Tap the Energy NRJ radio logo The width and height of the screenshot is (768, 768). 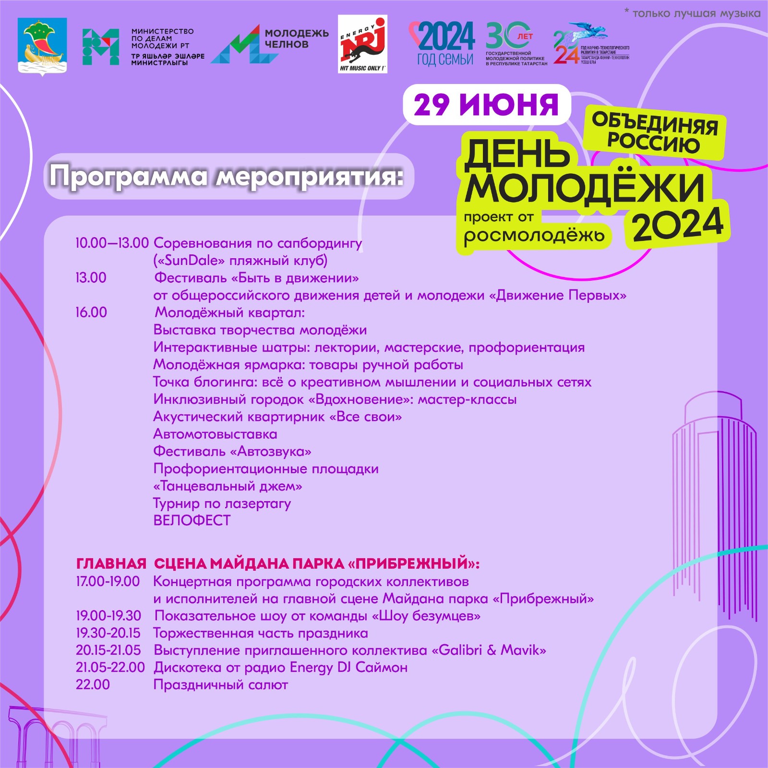click(x=362, y=44)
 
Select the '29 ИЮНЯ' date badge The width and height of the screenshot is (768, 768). click(x=486, y=104)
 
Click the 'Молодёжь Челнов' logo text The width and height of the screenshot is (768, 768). click(x=296, y=39)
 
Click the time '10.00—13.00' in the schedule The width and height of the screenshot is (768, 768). click(x=112, y=243)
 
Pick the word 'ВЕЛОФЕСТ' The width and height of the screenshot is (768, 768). click(x=192, y=521)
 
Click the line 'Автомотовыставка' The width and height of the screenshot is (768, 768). click(x=215, y=434)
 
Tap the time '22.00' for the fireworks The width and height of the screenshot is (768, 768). click(x=93, y=684)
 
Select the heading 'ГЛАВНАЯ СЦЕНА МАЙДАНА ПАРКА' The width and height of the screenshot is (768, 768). click(x=277, y=564)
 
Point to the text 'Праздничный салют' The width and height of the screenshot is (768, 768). click(x=220, y=684)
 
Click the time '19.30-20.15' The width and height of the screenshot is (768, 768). click(x=108, y=633)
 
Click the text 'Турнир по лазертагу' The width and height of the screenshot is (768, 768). click(x=222, y=504)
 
